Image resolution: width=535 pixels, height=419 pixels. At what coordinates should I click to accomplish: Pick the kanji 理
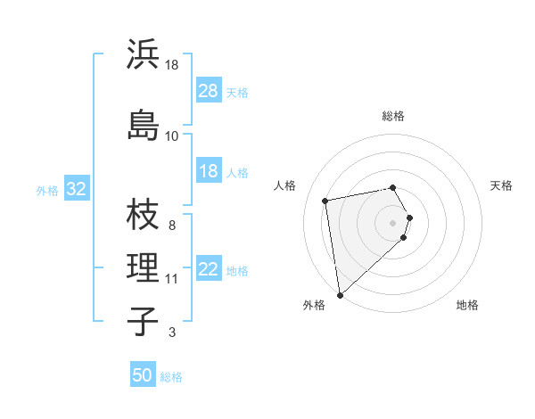point(143,267)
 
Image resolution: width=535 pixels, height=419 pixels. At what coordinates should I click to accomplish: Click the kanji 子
point(143,321)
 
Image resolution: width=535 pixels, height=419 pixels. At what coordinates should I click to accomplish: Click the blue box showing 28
point(209,91)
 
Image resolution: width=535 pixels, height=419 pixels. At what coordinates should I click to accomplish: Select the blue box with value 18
point(209,171)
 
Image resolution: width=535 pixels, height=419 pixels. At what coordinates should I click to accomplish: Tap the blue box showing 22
point(209,269)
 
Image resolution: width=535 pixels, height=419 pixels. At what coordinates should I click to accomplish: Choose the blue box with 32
point(76,189)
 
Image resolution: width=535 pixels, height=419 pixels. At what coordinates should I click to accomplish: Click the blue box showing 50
point(143,375)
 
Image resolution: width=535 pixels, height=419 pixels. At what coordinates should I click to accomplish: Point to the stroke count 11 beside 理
point(172,279)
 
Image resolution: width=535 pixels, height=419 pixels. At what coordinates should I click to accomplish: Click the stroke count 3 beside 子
point(171,333)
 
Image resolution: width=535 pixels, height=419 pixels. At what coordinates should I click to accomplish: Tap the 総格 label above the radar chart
point(393,116)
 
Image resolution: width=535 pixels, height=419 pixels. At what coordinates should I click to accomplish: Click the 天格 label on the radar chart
point(501,185)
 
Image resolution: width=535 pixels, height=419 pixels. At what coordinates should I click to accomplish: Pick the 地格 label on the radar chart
point(467,306)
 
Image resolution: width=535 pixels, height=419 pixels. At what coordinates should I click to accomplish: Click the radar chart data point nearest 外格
point(340,294)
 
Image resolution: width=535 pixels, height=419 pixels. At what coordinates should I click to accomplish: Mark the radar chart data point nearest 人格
point(325,201)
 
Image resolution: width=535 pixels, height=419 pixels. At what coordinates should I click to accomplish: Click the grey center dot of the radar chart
point(393,222)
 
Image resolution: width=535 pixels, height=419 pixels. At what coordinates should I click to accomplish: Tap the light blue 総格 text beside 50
point(171,377)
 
